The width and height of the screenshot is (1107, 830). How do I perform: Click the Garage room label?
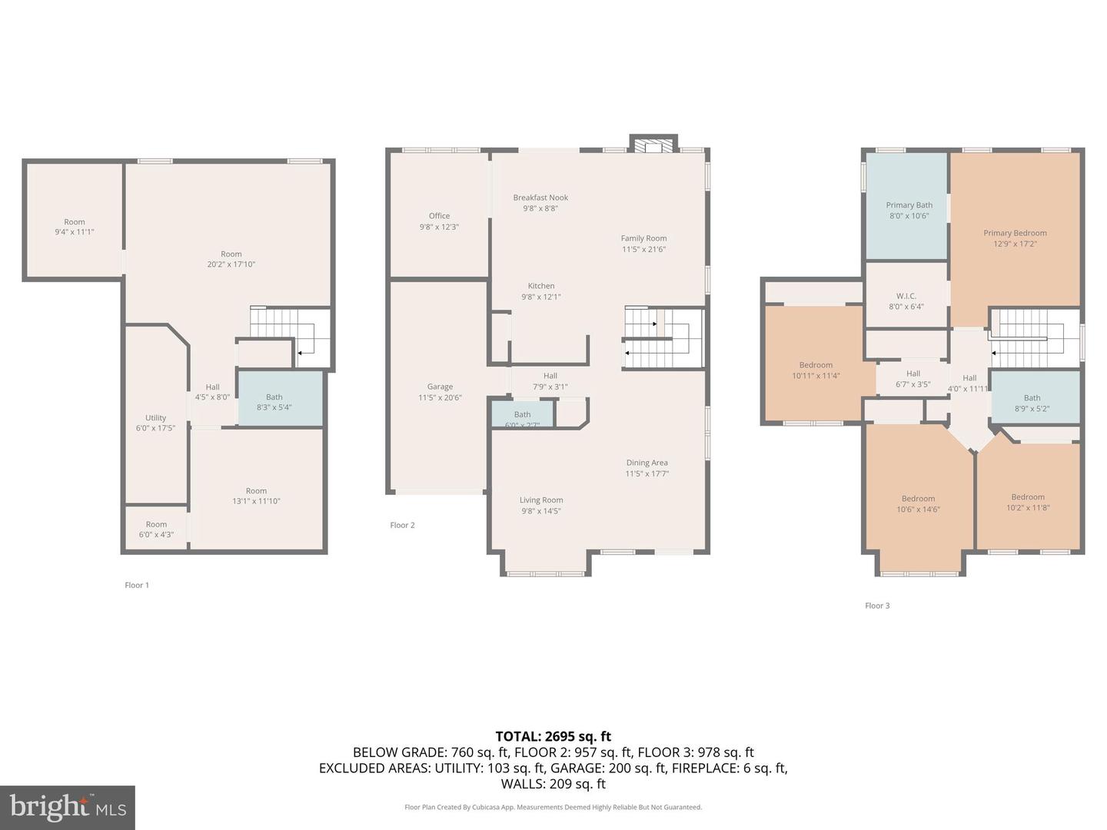[440, 387]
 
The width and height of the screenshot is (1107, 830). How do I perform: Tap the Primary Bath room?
[909, 210]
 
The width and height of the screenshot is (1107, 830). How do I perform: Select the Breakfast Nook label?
[540, 198]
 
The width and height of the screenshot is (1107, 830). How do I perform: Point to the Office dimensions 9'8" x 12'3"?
[439, 227]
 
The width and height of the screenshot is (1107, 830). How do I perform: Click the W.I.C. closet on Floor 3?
[906, 300]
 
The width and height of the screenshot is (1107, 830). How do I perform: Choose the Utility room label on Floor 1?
[155, 418]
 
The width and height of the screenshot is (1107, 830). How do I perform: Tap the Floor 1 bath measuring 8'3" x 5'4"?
[280, 399]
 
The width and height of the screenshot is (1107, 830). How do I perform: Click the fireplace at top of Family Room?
[653, 145]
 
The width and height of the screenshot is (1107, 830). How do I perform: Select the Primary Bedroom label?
[1015, 233]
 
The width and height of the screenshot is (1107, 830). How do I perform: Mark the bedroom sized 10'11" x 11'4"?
[816, 370]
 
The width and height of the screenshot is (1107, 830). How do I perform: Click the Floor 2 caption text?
[402, 525]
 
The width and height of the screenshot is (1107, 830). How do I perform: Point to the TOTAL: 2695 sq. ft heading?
[553, 736]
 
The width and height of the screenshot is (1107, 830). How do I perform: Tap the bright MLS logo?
[68, 807]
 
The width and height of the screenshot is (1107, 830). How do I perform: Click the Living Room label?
[541, 500]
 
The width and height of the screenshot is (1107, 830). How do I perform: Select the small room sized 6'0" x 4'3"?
[156, 530]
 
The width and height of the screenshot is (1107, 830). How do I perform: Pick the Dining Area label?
[647, 463]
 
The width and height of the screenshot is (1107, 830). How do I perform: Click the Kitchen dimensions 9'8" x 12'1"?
[541, 297]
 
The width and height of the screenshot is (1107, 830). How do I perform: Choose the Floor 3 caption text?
[877, 606]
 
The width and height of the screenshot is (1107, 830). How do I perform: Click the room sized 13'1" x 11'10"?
[256, 496]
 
